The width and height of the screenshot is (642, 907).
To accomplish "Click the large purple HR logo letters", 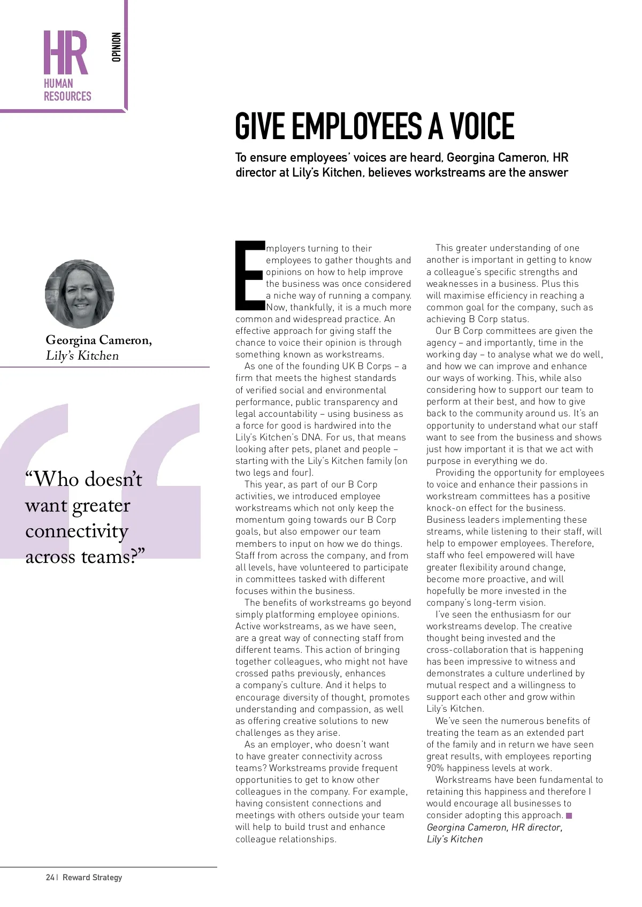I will pos(65,52).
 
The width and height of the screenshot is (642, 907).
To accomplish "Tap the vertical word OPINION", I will pos(117,47).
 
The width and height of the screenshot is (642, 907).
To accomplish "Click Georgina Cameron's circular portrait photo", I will pos(79,294).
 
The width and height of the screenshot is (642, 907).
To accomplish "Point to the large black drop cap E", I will pos(249,276).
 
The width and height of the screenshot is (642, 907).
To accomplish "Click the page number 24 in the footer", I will pos(50,878).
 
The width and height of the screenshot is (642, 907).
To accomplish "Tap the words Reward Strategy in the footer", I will pos(92,878).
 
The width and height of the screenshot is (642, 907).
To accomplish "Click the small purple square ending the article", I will pos(569,815).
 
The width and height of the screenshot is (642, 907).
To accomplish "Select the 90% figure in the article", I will pos(435,768).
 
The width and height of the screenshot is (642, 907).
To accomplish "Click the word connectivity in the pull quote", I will pos(77,531).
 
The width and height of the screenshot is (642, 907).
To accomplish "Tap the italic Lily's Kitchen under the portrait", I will pos(82,356).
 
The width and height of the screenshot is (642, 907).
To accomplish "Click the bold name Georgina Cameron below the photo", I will pos(98,340).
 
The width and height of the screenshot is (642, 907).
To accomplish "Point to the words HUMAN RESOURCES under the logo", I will pos(67,90).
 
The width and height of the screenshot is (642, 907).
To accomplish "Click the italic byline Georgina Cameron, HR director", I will pos(494,827).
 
